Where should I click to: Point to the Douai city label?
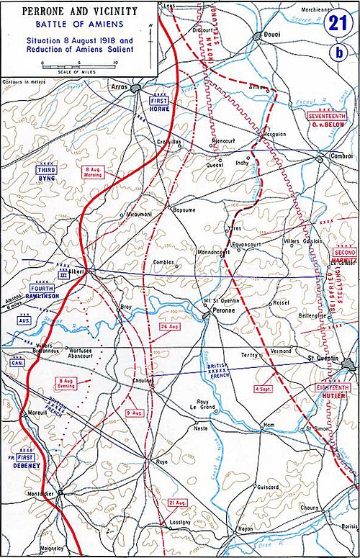click(x=271, y=45)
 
